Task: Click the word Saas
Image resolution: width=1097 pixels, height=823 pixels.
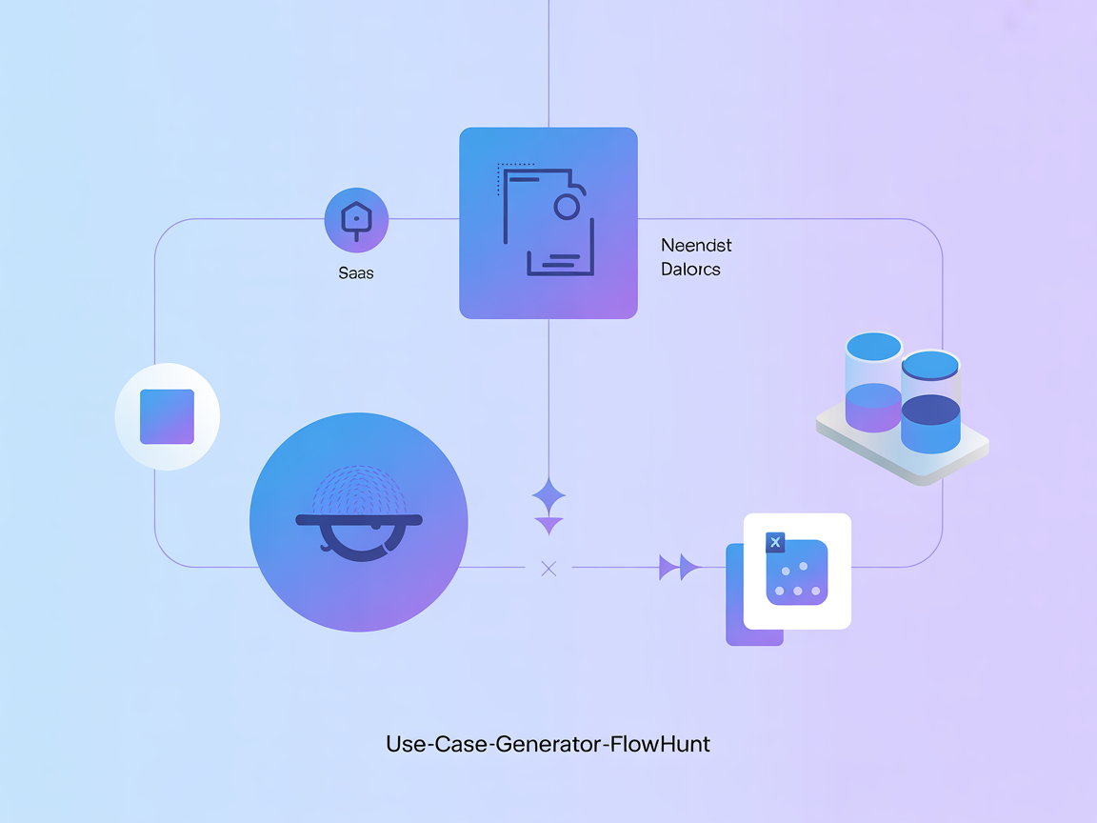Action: point(356,273)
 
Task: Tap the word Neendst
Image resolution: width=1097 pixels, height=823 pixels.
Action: point(696,246)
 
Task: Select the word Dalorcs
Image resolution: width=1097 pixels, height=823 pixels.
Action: point(690,270)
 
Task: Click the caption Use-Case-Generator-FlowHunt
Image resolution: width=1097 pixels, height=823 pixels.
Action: point(548,744)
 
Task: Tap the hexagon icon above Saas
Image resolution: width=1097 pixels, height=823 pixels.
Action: point(356,220)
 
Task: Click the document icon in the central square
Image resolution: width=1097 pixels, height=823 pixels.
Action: point(548,222)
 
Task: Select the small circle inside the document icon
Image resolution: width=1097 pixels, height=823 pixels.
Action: point(567,207)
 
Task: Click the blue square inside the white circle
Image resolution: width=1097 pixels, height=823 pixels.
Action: point(168,417)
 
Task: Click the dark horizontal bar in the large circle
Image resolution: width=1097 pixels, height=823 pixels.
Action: point(359,520)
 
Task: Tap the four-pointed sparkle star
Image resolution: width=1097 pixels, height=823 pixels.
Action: point(548,497)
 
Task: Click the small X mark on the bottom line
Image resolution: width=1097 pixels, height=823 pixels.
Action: point(548,569)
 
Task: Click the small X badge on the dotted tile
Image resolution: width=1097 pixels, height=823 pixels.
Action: point(775,543)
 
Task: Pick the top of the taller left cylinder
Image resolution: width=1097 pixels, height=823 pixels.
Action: point(874,347)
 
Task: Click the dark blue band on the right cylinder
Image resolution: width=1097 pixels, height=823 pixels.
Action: point(929,410)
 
